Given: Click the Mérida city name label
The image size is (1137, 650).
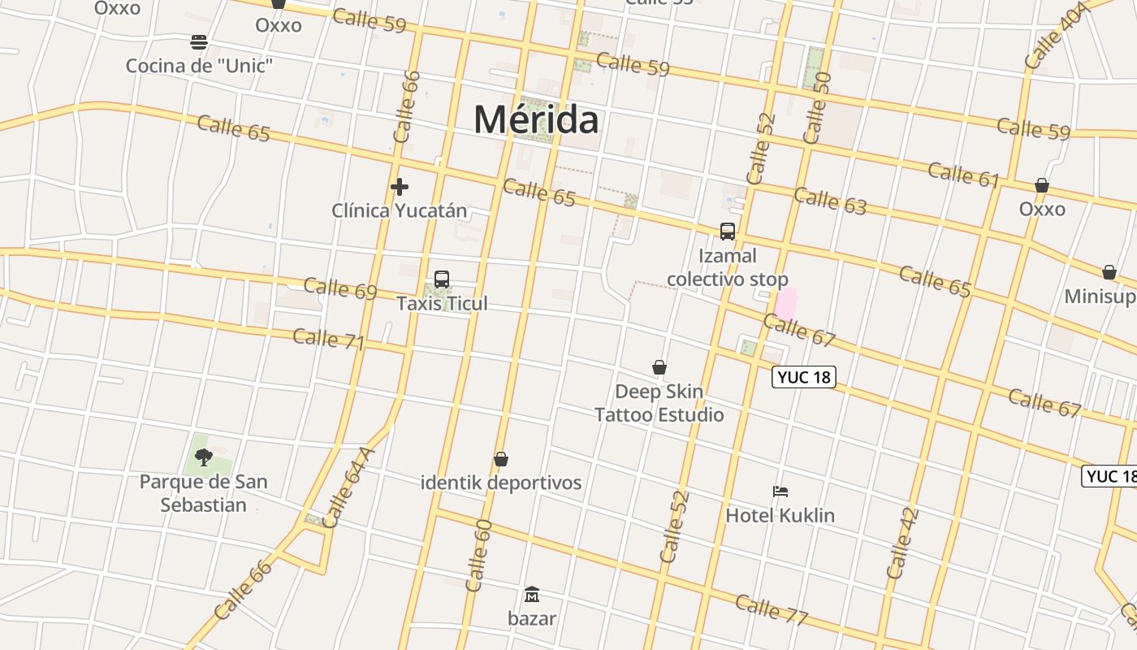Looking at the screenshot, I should coord(537,119).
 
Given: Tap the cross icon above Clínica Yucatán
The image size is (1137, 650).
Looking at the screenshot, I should coord(399,187).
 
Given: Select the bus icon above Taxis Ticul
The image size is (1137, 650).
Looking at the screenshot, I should coord(442,279).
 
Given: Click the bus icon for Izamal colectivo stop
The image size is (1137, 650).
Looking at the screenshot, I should coord(728,232).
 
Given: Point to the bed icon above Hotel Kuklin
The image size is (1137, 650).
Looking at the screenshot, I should coord(780,492).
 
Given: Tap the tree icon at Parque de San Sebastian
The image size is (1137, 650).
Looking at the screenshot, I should coord(203,457).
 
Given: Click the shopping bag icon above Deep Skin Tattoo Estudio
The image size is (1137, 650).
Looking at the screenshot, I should coord(659,368).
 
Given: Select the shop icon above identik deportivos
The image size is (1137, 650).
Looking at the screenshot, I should coord(501,459).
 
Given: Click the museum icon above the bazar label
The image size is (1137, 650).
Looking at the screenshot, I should coord(532,595).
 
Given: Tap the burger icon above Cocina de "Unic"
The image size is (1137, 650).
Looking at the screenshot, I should coord(199,41).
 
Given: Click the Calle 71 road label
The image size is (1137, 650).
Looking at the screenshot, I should coord(328,339).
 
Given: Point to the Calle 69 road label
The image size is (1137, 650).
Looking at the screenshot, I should coord(340,288).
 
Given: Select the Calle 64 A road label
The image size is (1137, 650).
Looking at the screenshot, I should coord(348,487).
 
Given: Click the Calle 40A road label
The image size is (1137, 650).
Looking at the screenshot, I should coord(1056,36).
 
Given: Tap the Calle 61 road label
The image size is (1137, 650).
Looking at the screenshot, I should coord(963,175).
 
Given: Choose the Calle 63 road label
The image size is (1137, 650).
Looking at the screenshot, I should coord(830,201).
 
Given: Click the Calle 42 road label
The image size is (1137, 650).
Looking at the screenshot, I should coord(902,543).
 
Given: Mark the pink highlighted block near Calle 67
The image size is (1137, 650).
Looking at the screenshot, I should coord(786,303).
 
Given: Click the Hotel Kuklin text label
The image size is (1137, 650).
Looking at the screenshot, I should coord(780,515).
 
